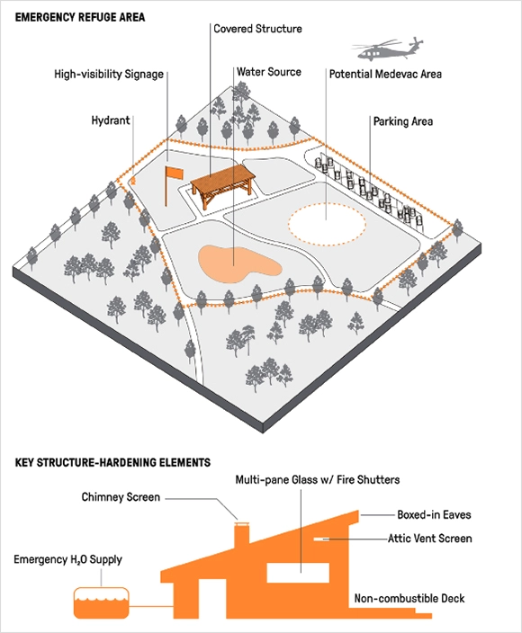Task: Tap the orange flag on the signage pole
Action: coord(175,174)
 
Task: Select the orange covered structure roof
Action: coord(223,178)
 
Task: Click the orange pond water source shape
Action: coord(239,264)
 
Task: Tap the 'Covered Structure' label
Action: coord(257,29)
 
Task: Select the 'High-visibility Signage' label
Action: coord(109,75)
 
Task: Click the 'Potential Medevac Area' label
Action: coord(385,75)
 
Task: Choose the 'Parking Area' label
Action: coord(403,121)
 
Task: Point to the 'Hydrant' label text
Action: coord(111,120)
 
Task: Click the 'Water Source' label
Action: coord(269,72)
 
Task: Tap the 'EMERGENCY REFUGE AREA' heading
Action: coord(80,17)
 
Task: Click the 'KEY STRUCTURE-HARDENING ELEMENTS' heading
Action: coord(112,462)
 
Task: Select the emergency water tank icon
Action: coord(102,602)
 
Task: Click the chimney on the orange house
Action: coord(242,536)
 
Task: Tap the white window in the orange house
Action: coord(299,573)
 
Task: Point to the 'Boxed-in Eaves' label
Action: coord(434,514)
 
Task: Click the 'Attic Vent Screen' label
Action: coord(430,539)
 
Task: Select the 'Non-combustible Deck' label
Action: coord(409,598)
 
